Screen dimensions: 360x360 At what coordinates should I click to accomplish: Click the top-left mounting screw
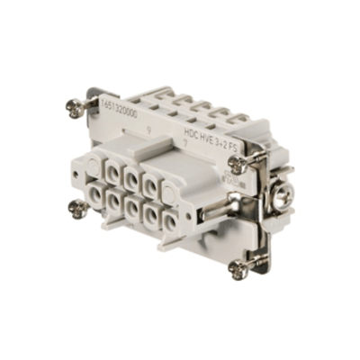[76, 106]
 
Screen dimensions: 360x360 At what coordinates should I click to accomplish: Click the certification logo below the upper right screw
[236, 184]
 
